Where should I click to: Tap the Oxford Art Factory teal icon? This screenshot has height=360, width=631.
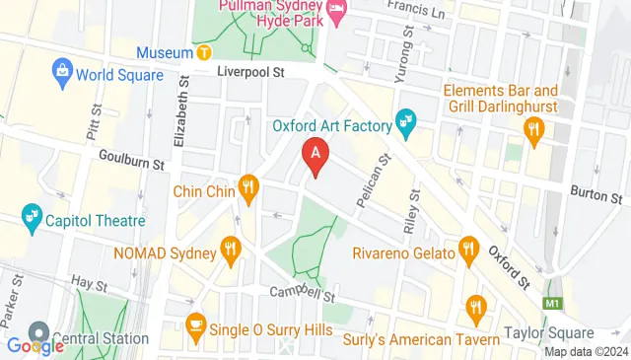[x=404, y=124]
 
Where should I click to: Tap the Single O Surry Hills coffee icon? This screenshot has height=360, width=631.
[x=195, y=324]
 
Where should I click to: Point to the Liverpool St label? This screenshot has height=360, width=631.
[x=250, y=72]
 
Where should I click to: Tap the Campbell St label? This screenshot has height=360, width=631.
[x=305, y=293]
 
